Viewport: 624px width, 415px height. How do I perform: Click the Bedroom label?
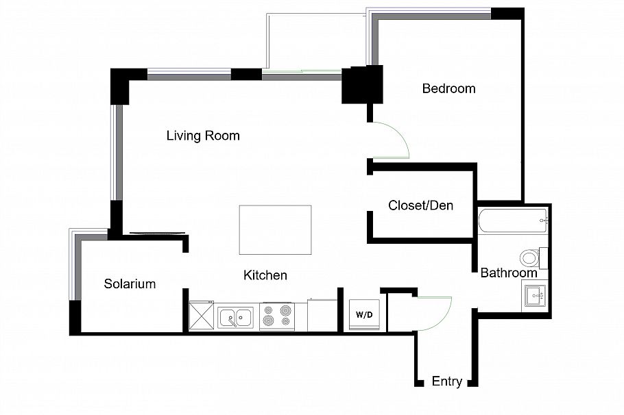coord(448,88)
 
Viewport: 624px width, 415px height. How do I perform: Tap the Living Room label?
coord(203,136)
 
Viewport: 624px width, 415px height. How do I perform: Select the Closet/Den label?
coord(420,205)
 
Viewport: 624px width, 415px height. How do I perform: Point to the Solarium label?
coord(130,284)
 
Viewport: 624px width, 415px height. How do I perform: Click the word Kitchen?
coord(265,275)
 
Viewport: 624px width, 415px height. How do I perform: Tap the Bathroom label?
coord(509,273)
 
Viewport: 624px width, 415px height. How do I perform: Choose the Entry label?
coord(447,381)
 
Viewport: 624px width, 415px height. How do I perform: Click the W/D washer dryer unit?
coord(364,314)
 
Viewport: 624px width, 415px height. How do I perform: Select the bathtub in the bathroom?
coord(514,221)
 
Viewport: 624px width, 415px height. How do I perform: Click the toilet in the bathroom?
coord(533,257)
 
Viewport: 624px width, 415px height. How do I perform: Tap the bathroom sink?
coord(536,296)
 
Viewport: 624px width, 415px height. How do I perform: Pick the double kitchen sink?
coord(235,318)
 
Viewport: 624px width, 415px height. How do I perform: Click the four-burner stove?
coord(277,316)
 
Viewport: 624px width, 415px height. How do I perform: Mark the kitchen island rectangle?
coord(276,230)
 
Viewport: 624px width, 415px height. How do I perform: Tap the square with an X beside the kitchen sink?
coord(202,316)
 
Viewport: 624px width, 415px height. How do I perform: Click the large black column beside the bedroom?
coord(362,85)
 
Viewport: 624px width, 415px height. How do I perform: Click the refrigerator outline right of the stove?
coord(322,315)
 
